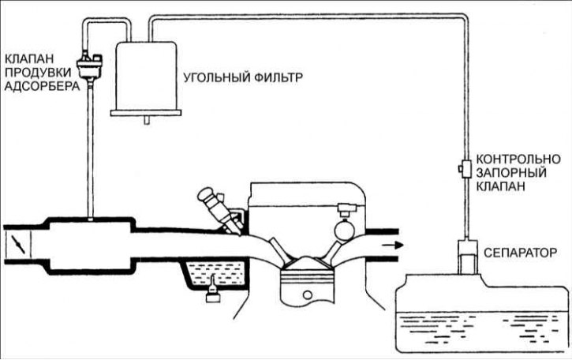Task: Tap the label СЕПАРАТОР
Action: tap(521, 254)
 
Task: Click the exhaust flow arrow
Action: tap(391, 244)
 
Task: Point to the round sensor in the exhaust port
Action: tap(345, 230)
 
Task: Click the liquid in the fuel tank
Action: tap(481, 332)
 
